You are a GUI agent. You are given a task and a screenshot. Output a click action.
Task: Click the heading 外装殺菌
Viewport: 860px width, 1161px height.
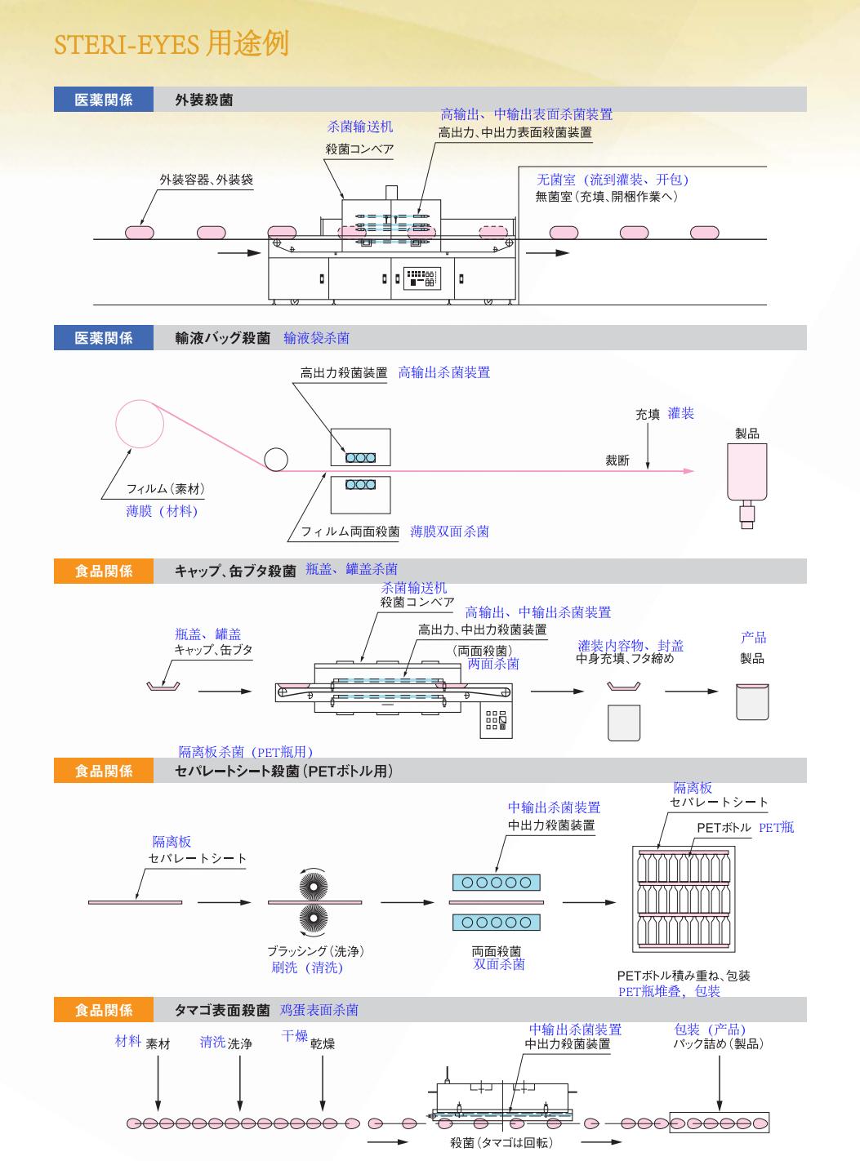coord(203,100)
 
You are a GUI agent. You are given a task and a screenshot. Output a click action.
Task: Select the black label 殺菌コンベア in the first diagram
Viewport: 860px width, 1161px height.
coord(359,149)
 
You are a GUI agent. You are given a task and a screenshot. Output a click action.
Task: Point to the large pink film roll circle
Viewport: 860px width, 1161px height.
coord(140,425)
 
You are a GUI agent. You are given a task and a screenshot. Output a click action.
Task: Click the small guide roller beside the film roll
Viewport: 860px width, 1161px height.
coord(276,460)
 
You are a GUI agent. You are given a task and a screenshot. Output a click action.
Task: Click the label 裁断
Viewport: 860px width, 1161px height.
coord(617,460)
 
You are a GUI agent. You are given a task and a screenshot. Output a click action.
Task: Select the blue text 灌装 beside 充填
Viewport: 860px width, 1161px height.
coord(680,414)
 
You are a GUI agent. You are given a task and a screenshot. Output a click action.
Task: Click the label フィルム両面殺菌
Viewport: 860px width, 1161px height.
coord(350,532)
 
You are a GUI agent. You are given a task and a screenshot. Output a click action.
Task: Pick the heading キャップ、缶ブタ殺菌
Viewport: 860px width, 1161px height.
coord(235,572)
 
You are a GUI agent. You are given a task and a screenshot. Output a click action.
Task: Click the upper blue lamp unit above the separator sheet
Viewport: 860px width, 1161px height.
coord(497,883)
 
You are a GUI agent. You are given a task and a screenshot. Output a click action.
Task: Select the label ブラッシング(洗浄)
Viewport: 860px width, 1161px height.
coord(315,951)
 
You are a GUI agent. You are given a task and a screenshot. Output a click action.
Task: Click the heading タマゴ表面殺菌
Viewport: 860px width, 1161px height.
coord(222,1011)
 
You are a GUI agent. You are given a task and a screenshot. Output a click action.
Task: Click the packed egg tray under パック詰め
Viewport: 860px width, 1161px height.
coord(719,1123)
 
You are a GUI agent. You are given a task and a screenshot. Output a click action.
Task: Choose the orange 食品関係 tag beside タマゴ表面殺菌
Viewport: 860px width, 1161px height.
coord(103,1011)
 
